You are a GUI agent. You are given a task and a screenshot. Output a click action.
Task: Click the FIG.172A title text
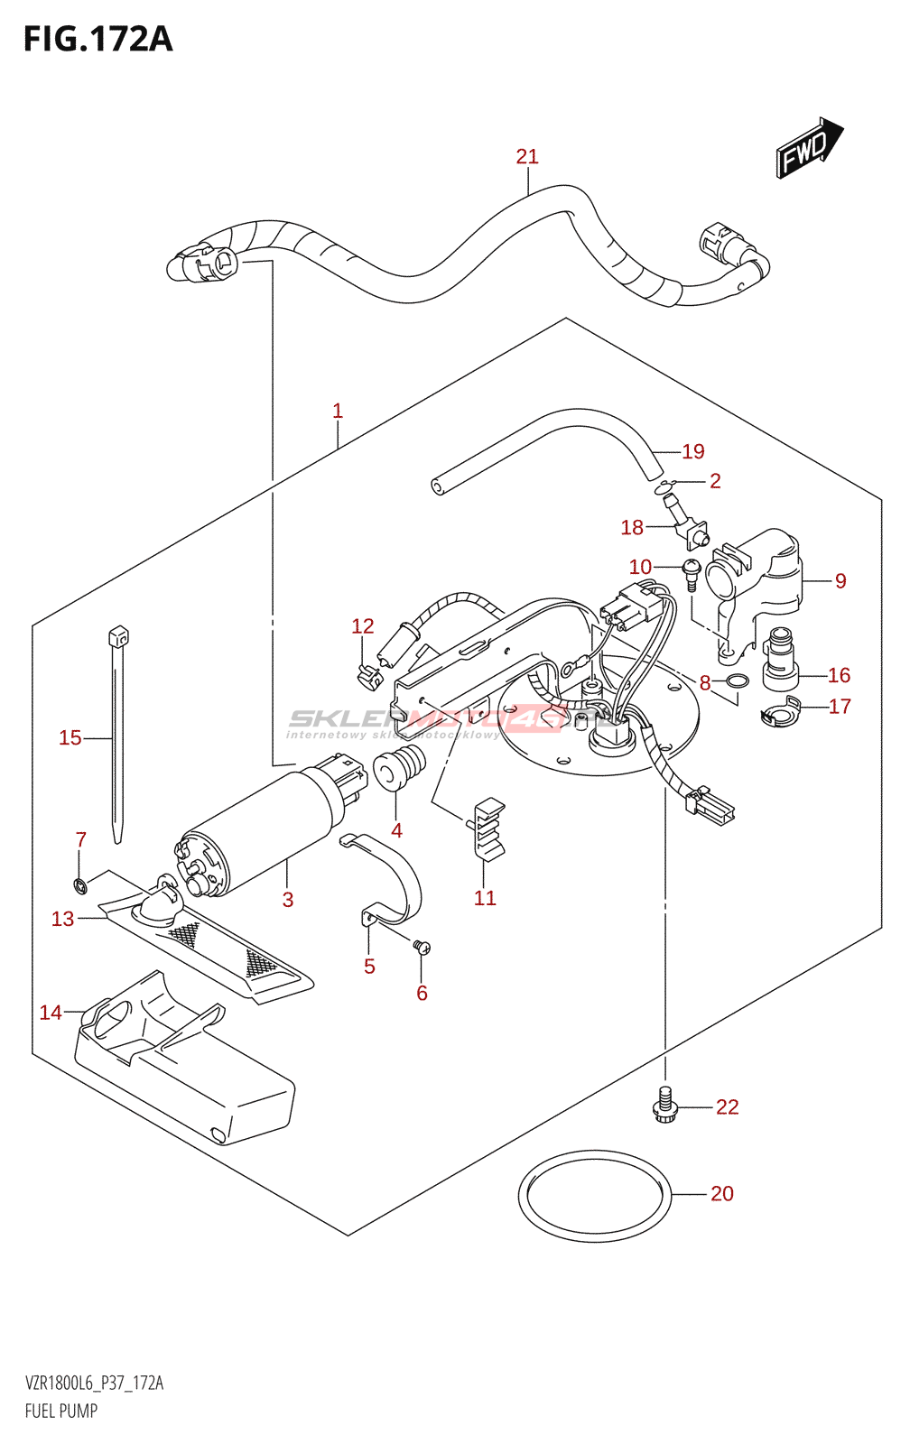[97, 40]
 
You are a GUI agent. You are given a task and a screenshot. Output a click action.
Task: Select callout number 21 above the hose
[527, 157]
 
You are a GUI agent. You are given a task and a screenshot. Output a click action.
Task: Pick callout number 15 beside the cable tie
[70, 738]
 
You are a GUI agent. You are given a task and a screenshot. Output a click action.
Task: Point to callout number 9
[840, 581]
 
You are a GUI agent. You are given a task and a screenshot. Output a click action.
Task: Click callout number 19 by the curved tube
[692, 451]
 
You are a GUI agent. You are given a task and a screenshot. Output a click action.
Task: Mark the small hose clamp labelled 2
[669, 487]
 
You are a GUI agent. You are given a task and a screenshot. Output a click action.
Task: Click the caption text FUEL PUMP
[61, 1411]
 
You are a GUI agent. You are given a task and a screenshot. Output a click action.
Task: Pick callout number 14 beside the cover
[51, 1013]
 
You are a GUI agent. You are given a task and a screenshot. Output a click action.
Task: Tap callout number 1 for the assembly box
[338, 412]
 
